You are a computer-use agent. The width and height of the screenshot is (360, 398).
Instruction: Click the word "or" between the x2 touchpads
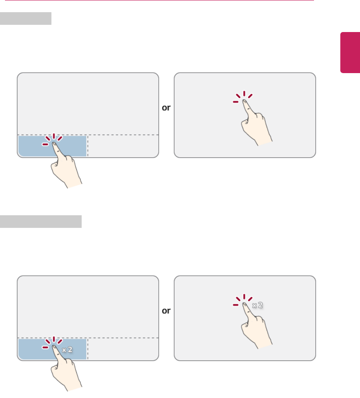click(166, 311)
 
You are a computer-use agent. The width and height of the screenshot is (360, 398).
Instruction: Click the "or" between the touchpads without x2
click(166, 108)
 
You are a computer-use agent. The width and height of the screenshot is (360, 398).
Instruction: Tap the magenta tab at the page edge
click(350, 52)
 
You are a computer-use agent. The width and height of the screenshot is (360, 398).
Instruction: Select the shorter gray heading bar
click(26, 19)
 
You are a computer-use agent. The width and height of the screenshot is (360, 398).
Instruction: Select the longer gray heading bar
click(41, 222)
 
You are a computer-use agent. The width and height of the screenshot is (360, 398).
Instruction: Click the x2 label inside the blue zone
click(67, 350)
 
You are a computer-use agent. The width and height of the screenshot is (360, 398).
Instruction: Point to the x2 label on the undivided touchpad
click(258, 305)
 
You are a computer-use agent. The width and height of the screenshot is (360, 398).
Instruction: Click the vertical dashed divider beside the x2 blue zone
click(88, 349)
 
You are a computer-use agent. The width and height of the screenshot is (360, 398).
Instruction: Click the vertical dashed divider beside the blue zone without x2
click(88, 146)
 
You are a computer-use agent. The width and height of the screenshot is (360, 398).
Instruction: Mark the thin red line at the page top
click(159, 0)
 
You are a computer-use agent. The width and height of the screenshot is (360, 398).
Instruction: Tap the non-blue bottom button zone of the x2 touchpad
click(123, 349)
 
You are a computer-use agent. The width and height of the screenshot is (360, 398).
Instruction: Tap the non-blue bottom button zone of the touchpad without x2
click(123, 146)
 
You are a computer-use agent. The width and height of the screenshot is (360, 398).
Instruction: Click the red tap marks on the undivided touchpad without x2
click(243, 97)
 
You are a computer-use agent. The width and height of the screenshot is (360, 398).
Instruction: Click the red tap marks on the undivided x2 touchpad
click(243, 300)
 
